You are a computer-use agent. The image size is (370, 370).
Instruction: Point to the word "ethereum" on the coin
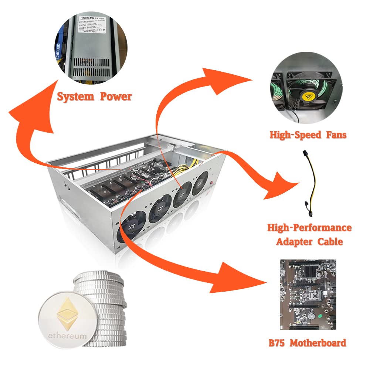point(68,336)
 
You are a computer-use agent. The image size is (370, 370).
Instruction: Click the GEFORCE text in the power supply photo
point(59,55)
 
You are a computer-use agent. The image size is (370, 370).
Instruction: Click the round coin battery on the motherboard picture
point(312,315)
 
